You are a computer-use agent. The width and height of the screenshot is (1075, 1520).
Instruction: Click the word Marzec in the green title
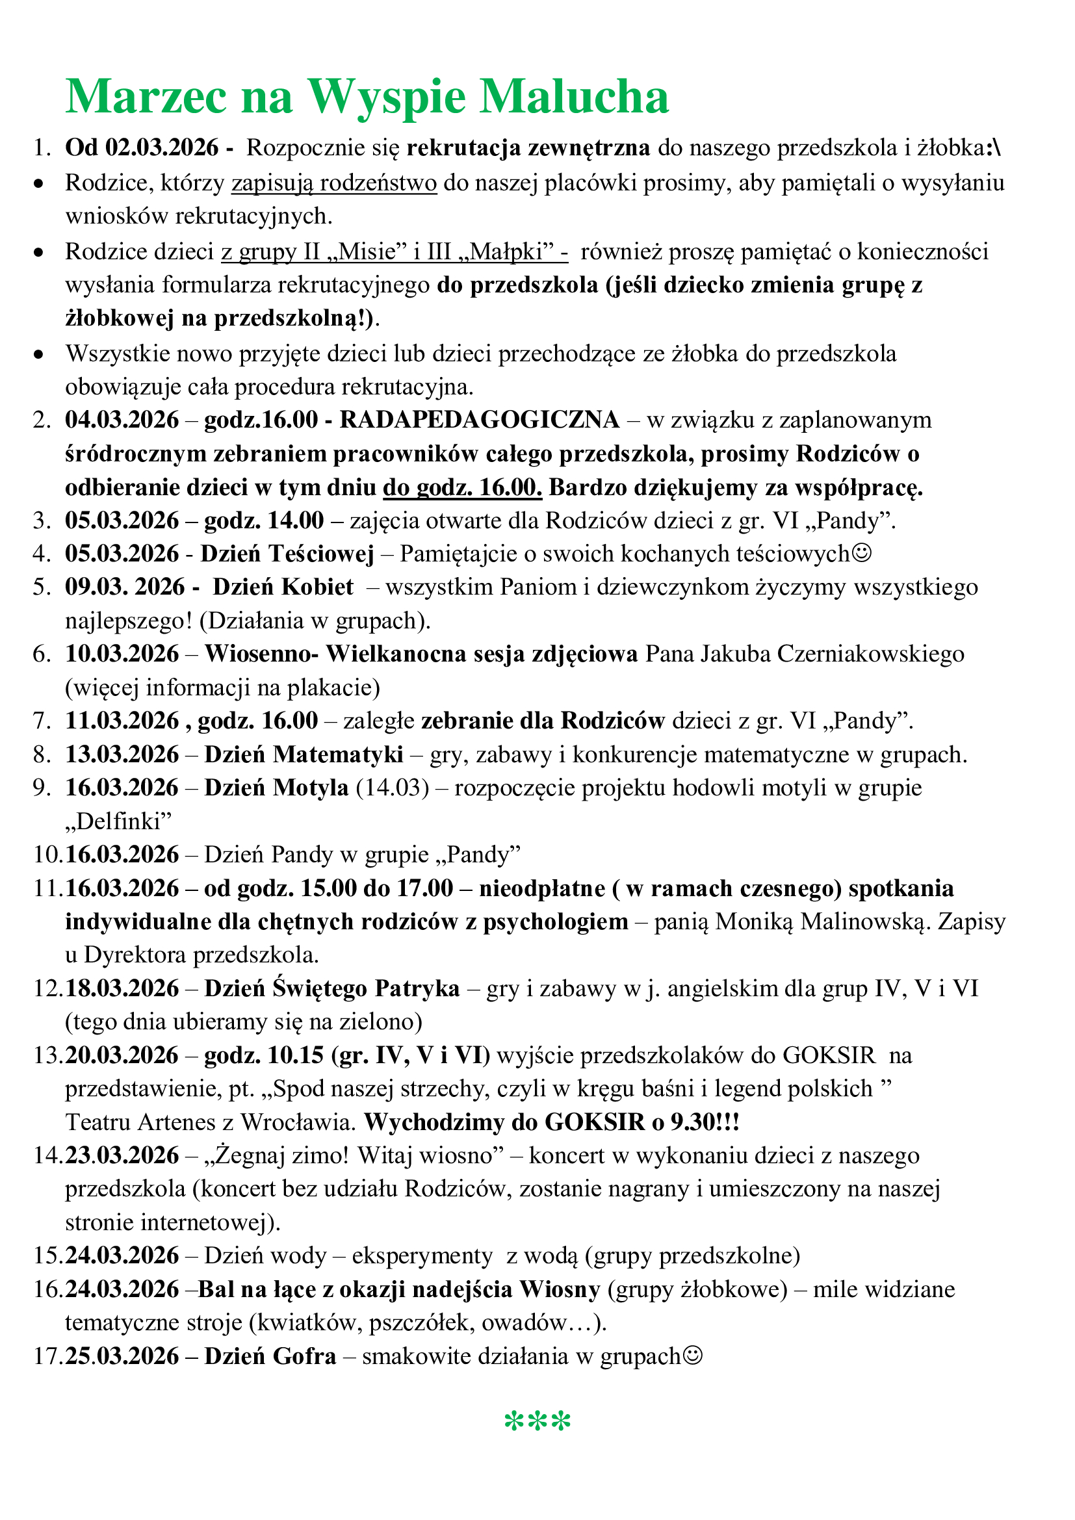(x=146, y=97)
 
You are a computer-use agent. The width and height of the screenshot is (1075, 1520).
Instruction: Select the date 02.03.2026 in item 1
(x=162, y=148)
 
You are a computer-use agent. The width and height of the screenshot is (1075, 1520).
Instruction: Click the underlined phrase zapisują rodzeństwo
(x=333, y=183)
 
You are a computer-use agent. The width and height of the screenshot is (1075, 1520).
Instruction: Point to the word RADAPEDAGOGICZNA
(x=479, y=420)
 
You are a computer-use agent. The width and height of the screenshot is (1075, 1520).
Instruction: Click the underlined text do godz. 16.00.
(x=462, y=487)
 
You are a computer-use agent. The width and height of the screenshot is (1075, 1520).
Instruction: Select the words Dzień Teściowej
(x=287, y=554)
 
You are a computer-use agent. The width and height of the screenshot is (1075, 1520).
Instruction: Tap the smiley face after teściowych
(x=862, y=554)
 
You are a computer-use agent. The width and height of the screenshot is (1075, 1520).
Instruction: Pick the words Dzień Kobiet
(x=283, y=587)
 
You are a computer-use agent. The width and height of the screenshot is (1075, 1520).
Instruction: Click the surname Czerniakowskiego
(x=870, y=654)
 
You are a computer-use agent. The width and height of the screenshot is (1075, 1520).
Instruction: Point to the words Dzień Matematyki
(x=303, y=754)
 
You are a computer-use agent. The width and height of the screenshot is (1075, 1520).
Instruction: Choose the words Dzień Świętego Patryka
(x=331, y=988)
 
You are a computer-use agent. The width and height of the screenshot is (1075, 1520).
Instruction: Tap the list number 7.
(x=41, y=721)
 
